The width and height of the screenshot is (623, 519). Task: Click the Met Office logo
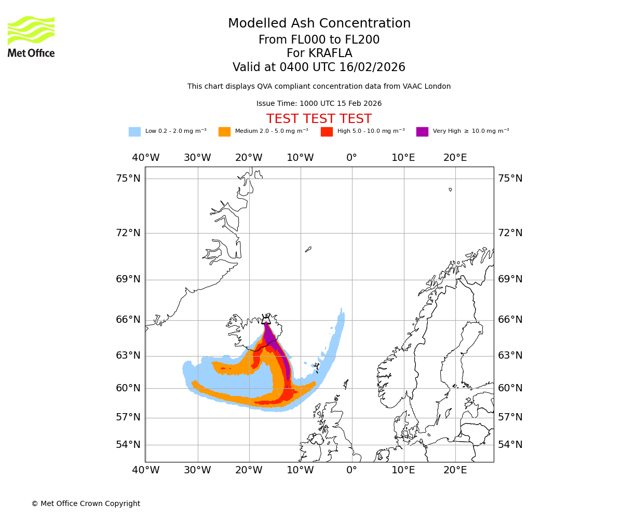(x=31, y=36)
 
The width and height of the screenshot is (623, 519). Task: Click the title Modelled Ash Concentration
(x=319, y=24)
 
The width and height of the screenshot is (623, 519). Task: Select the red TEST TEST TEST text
(x=319, y=119)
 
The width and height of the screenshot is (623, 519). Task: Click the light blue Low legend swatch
(x=134, y=132)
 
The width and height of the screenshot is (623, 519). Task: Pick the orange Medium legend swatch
(x=224, y=132)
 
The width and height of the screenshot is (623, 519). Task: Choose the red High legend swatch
(x=327, y=132)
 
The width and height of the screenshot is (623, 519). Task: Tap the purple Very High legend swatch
(x=422, y=132)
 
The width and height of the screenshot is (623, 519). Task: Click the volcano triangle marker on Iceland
(x=266, y=320)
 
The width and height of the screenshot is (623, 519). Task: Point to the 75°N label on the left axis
(x=128, y=179)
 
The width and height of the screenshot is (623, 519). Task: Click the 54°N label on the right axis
(x=510, y=445)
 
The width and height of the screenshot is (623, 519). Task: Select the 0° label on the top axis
(x=351, y=158)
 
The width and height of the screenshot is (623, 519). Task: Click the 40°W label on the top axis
(x=145, y=158)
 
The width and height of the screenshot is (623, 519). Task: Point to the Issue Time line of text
(x=319, y=104)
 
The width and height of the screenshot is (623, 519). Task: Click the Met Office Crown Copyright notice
(x=86, y=503)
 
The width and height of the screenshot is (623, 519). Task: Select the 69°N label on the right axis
(x=510, y=279)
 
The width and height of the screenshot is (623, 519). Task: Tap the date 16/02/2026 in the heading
(x=372, y=67)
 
